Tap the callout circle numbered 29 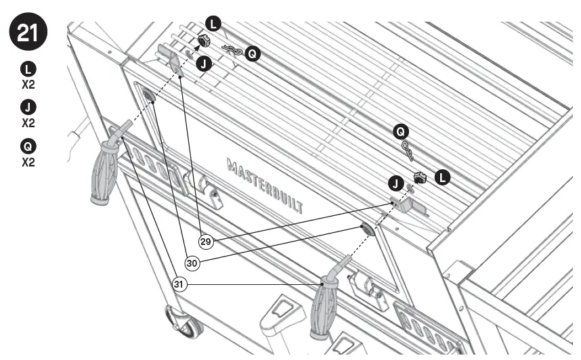point(206,241)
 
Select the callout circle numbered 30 point(192,263)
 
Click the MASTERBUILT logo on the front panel point(265,185)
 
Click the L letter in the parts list point(28,68)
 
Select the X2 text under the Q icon point(28,162)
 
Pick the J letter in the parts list point(28,107)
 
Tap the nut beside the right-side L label point(420,178)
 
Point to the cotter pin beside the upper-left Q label point(232,51)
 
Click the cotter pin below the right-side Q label point(408,151)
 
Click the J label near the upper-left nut point(203,63)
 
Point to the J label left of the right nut point(395,183)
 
